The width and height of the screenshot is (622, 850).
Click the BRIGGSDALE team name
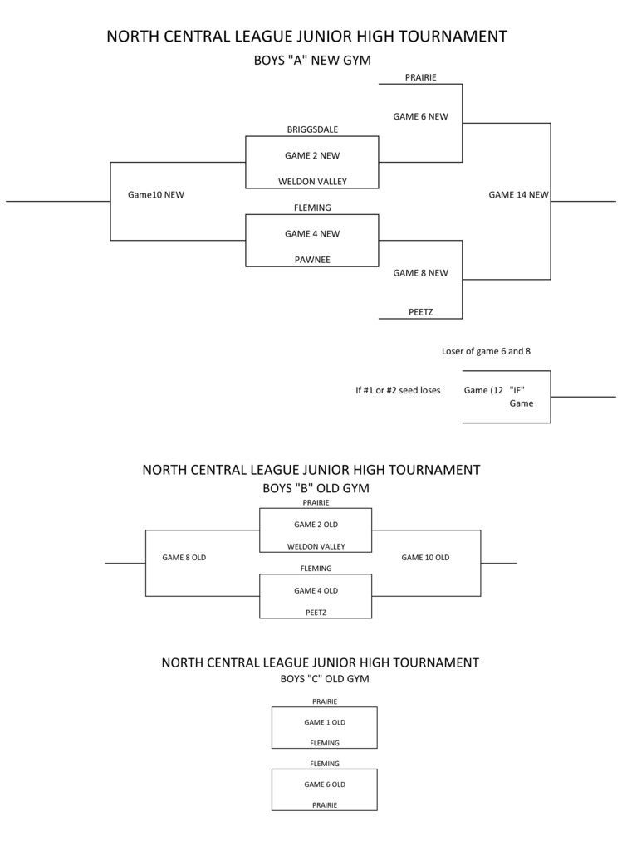312,129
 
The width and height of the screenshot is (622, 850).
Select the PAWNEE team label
312,260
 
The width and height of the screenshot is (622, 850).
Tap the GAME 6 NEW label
420,117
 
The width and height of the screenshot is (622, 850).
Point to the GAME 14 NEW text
518,195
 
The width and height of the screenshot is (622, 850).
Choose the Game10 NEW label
155,195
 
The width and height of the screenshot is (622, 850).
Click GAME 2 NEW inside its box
312,155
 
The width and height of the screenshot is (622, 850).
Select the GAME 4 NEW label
312,234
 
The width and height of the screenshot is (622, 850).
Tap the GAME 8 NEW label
420,273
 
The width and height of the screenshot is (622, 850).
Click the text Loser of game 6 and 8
486,351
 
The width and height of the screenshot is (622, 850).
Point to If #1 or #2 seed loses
398,390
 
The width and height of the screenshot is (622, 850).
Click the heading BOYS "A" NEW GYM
312,61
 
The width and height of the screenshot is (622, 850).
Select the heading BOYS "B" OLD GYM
316,488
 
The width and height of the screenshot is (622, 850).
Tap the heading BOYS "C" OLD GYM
325,679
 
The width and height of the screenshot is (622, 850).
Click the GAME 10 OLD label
425,558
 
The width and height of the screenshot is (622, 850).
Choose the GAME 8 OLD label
184,558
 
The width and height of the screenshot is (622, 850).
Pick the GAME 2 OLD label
316,525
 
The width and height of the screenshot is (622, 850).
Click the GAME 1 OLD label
325,722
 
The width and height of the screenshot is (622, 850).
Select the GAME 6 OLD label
325,784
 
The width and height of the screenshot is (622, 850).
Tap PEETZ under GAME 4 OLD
316,613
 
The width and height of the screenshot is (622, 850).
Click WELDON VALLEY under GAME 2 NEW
312,182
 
